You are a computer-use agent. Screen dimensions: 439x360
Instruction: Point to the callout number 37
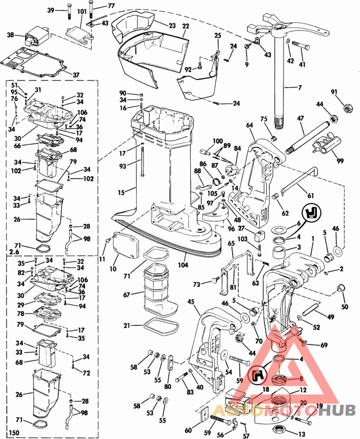[76, 75]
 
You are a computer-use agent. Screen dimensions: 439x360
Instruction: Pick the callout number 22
[185, 27]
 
